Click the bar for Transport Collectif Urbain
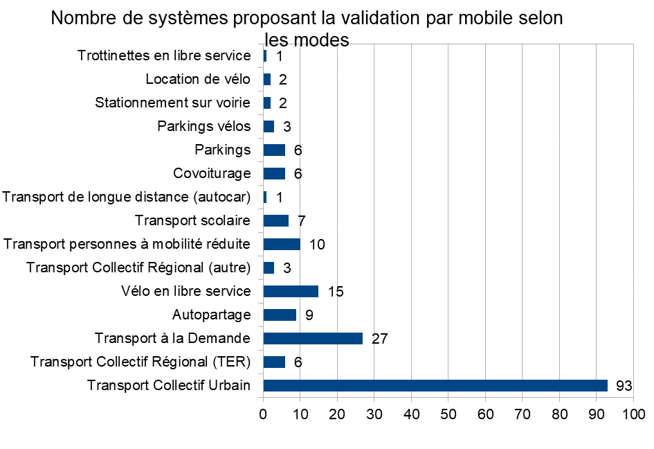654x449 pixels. coord(435,385)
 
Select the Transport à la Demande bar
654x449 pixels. coord(313,338)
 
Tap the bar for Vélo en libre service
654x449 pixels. coord(291,291)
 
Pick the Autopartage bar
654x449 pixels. coord(280,315)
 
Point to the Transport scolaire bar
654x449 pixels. coord(276,220)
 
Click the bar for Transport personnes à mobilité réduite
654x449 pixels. coord(282,244)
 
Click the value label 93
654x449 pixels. coord(624,386)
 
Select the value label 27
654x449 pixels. coord(379,339)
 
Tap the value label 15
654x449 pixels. coord(336,292)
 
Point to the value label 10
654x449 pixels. coord(317,245)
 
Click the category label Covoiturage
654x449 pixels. coord(212,173)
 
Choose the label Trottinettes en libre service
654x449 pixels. coord(164,55)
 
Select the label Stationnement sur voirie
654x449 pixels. coord(172,103)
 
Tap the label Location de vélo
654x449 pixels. coord(198,79)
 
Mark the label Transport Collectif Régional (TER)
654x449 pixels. coord(140,362)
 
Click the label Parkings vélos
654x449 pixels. coord(204,126)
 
